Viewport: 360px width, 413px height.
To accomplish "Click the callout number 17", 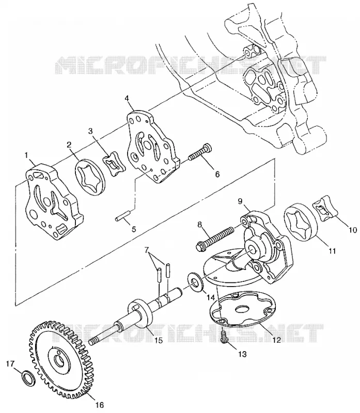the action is click(10, 363).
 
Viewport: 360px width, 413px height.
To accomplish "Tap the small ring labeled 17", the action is click(28, 378).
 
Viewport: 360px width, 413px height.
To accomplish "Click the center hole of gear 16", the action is click(58, 360).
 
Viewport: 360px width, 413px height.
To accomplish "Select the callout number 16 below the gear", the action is click(100, 405).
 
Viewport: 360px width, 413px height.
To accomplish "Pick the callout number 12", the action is click(277, 340).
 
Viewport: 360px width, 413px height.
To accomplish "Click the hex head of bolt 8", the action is click(201, 247).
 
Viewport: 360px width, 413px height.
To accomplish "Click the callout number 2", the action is click(69, 145).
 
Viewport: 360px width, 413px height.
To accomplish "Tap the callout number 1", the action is click(26, 155).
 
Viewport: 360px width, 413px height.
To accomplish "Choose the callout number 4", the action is click(127, 98).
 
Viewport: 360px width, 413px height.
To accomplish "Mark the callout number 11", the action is click(332, 251).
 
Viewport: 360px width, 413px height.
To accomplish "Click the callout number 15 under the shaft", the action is click(159, 340).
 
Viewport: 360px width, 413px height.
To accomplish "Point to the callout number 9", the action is click(240, 201).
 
